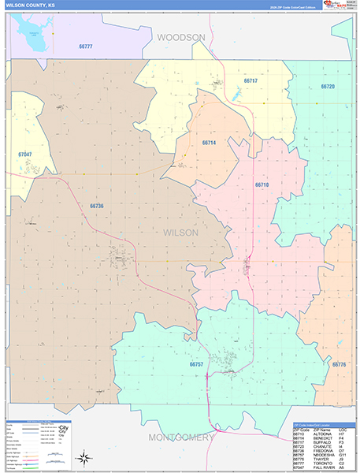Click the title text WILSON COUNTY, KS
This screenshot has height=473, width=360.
(x=32, y=6)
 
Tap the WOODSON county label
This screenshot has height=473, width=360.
(x=180, y=37)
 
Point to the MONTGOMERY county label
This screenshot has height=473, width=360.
(x=180, y=437)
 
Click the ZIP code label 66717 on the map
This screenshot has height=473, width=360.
(x=251, y=80)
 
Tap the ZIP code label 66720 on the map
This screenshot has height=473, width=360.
(x=328, y=87)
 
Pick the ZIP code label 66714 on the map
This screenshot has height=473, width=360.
(x=209, y=143)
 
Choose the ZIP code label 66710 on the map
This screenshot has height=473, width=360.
(x=262, y=184)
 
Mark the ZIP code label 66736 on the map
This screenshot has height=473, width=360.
(x=97, y=206)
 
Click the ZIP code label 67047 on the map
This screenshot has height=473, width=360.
(x=24, y=155)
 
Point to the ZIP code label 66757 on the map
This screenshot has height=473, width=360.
(x=196, y=364)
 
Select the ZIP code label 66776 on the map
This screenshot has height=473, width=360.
(x=339, y=364)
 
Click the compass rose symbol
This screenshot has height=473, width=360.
(x=83, y=457)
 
